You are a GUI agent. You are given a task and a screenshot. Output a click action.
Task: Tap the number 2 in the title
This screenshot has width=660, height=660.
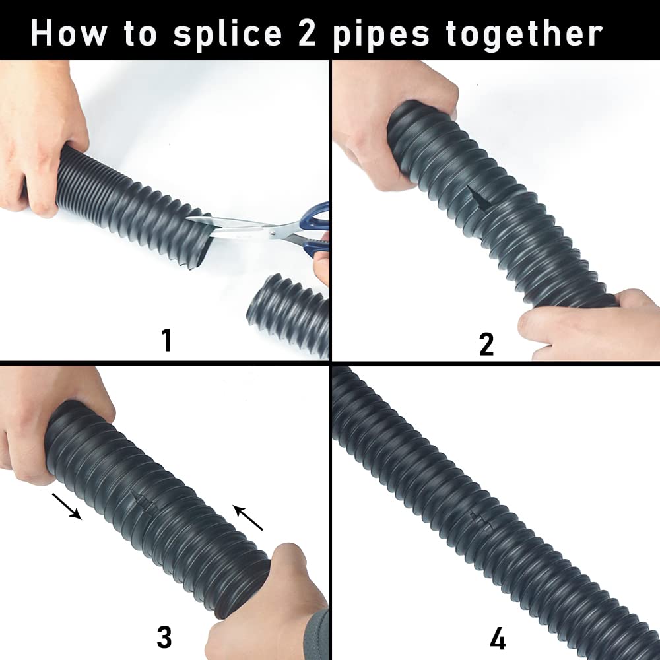308,32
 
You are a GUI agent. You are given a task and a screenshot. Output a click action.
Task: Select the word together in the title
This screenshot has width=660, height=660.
525,33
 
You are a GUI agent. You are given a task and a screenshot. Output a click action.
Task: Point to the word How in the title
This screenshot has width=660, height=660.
69,32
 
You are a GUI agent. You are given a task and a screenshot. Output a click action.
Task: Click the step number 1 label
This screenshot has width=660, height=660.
166,341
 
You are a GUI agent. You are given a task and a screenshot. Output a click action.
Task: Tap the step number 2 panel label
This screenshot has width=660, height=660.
486,344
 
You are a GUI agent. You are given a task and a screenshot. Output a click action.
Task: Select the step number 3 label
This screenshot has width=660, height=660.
164,638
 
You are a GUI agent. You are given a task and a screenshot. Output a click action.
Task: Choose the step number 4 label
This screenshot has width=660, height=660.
498,639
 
